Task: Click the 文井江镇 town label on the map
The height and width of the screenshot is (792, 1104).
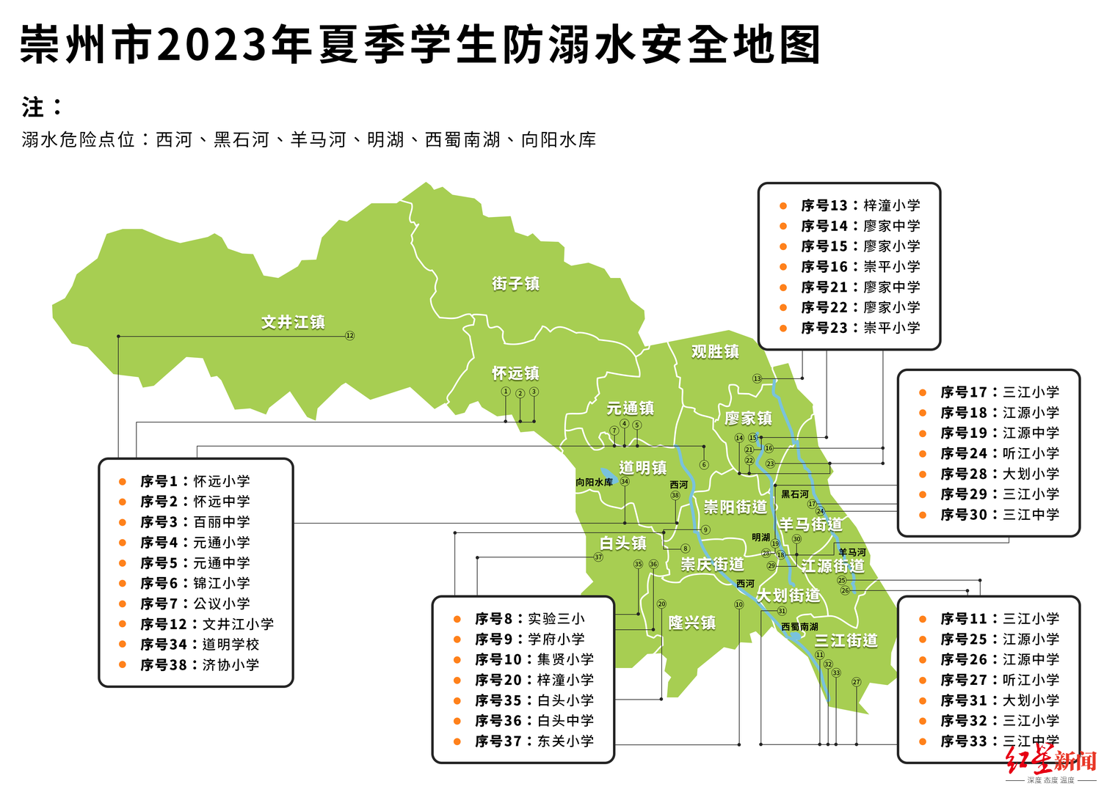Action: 293,322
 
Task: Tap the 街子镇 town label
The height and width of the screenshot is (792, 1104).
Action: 515,284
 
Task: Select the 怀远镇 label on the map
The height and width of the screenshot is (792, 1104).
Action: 515,373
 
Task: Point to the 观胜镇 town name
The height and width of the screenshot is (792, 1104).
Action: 715,351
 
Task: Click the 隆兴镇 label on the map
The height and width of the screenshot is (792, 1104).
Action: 691,623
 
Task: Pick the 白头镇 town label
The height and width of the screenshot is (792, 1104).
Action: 623,543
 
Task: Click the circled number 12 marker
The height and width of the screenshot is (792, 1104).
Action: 350,336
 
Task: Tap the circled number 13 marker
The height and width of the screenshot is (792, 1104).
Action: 757,378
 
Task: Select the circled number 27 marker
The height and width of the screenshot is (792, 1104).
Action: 856,682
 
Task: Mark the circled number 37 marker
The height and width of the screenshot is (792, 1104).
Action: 598,557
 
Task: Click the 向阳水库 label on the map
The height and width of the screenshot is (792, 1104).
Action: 594,482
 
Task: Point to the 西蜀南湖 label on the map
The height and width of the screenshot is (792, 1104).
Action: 799,626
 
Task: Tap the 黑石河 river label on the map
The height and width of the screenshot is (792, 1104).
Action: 794,494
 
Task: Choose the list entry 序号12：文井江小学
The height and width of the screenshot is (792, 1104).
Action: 207,624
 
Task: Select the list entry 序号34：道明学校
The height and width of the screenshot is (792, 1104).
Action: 200,645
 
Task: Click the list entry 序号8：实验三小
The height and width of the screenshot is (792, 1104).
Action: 529,619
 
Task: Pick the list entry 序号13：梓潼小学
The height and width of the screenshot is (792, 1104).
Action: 860,205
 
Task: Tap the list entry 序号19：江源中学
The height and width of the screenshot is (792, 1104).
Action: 1000,433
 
